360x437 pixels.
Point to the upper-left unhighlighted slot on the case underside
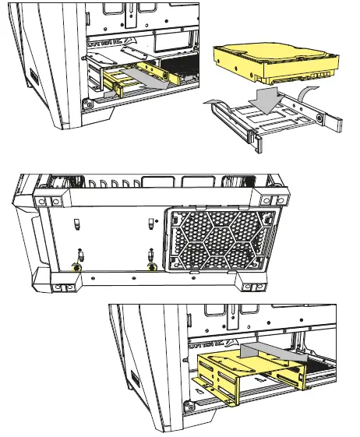click(77, 224)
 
